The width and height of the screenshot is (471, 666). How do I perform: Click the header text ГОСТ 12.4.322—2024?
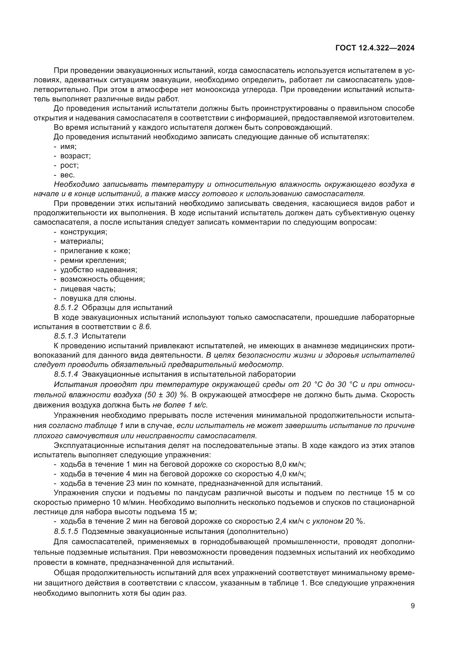tap(375, 48)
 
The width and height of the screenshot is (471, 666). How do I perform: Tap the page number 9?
tap(413, 606)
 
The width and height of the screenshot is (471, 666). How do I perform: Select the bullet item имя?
tap(68, 146)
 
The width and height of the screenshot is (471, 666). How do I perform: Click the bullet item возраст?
tap(75, 156)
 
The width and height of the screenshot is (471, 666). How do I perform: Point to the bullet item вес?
tap(67, 175)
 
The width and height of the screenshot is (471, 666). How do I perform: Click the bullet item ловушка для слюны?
tap(98, 298)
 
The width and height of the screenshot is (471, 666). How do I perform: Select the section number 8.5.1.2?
tap(66, 308)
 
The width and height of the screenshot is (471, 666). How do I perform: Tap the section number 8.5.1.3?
tap(66, 336)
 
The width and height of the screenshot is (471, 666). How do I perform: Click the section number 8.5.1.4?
tap(66, 374)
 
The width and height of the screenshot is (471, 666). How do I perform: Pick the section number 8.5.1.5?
tap(66, 531)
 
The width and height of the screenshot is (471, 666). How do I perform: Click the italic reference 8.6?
tap(145, 327)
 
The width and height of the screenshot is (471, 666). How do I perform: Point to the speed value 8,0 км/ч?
tap(290, 464)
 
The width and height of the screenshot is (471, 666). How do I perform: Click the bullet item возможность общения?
tap(103, 279)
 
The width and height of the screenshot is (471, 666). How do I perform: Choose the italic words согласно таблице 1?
tap(86, 426)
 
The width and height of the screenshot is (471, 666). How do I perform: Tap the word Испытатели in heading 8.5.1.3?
tap(104, 336)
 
